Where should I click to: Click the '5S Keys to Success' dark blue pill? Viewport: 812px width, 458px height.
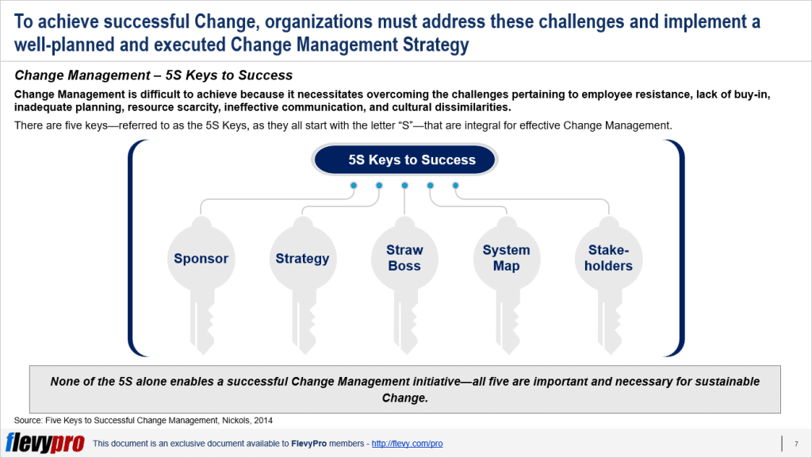[405, 160]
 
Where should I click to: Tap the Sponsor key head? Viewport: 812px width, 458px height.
[201, 258]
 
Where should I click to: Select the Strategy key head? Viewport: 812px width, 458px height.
[302, 258]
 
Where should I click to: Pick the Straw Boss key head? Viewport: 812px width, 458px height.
[404, 258]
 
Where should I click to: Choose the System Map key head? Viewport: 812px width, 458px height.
[506, 258]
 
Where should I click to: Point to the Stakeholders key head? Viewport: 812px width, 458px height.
[608, 258]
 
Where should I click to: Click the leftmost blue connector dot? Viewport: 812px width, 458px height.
[354, 186]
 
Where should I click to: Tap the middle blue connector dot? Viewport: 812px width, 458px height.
[404, 186]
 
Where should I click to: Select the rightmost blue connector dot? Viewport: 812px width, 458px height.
[455, 186]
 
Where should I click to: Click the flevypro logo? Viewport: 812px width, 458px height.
[44, 443]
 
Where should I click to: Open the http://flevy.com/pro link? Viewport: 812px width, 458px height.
[407, 444]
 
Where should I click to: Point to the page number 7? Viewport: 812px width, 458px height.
[795, 444]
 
